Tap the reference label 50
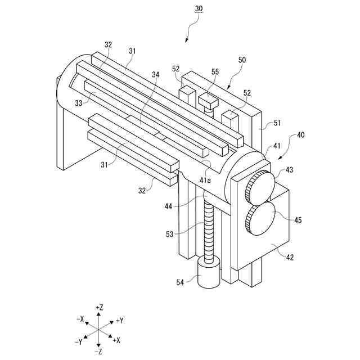click(242, 60)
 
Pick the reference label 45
click(298, 220)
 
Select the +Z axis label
click(99, 308)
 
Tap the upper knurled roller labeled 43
click(260, 187)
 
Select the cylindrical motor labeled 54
click(208, 274)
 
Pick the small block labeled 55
click(208, 102)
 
